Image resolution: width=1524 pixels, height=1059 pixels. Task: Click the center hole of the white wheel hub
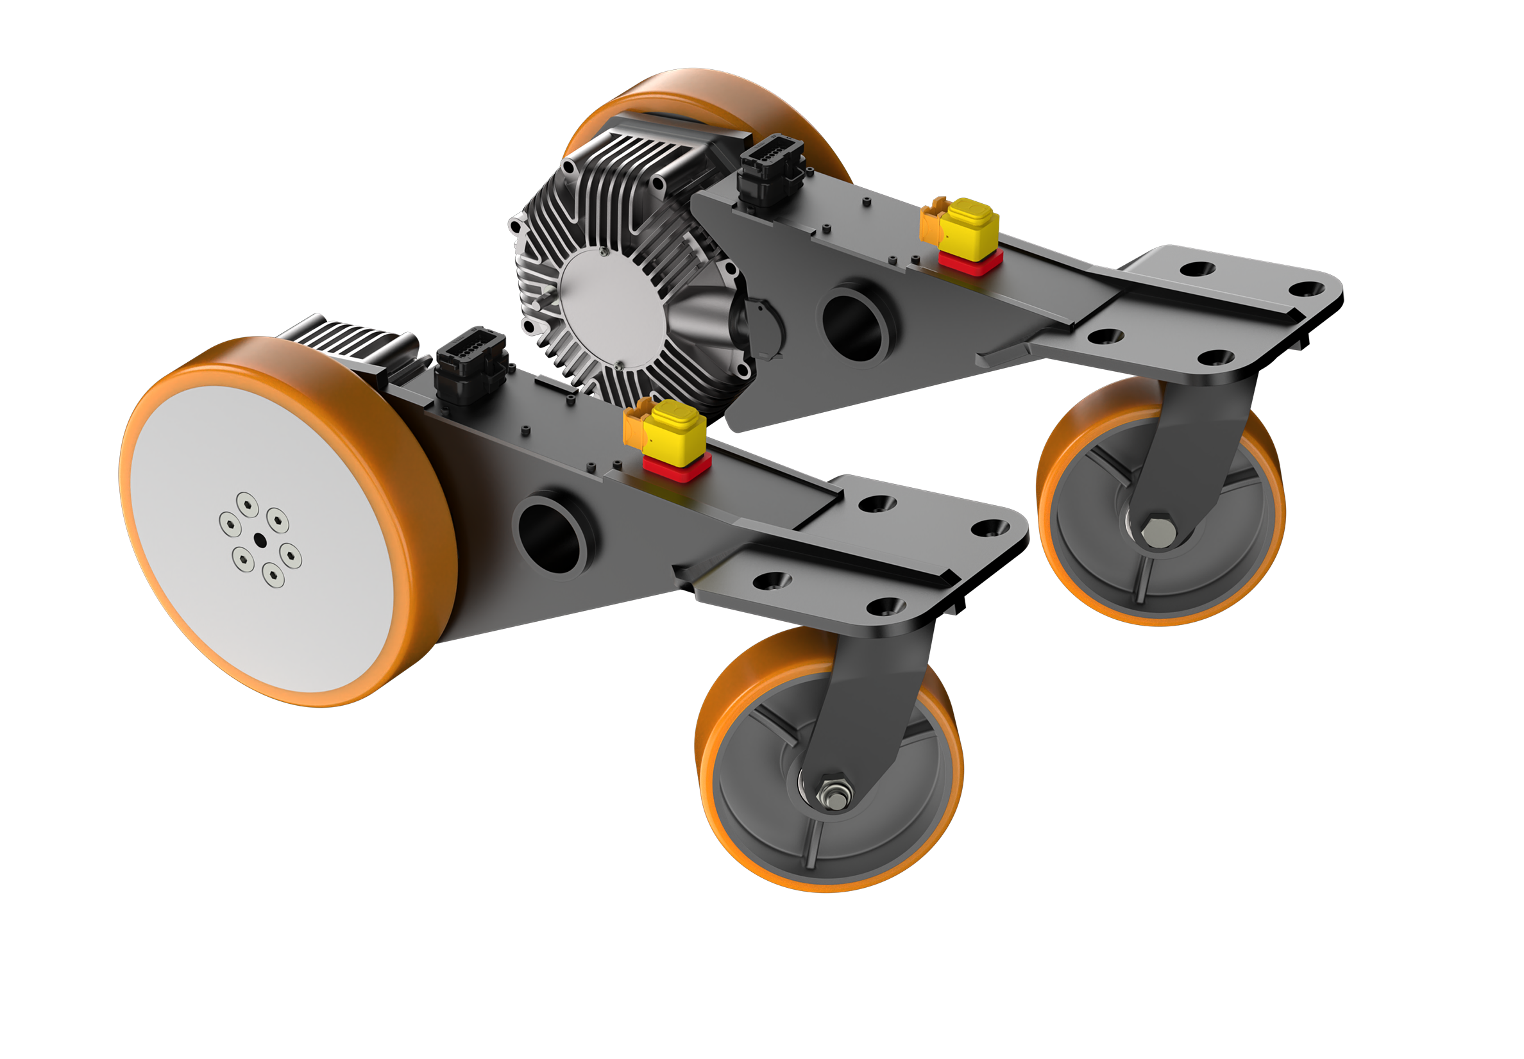[x=260, y=541]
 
